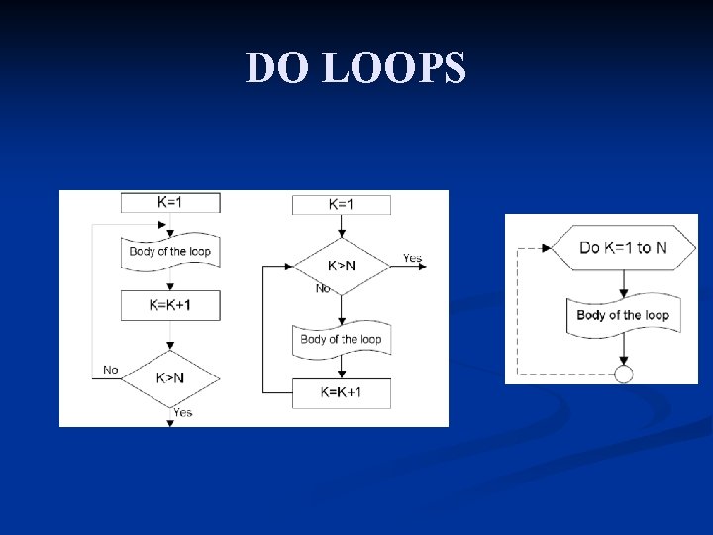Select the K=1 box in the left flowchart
pyautogui.click(x=170, y=202)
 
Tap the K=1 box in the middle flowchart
pyautogui.click(x=341, y=204)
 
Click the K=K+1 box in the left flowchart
pyautogui.click(x=170, y=305)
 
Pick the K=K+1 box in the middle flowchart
pyautogui.click(x=341, y=392)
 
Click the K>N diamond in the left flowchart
pyautogui.click(x=170, y=376)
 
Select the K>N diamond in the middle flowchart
pyautogui.click(x=341, y=266)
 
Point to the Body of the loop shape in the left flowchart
pyautogui.click(x=170, y=252)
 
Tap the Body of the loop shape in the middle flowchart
pyautogui.click(x=341, y=339)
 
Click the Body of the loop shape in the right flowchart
pyautogui.click(x=623, y=315)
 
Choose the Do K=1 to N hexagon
pyautogui.click(x=623, y=247)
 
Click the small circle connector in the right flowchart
pyautogui.click(x=623, y=374)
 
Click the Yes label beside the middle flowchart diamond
pyautogui.click(x=412, y=258)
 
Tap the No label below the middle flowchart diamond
pyautogui.click(x=323, y=289)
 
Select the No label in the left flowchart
pyautogui.click(x=110, y=370)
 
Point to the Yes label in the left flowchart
pyautogui.click(x=182, y=412)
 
